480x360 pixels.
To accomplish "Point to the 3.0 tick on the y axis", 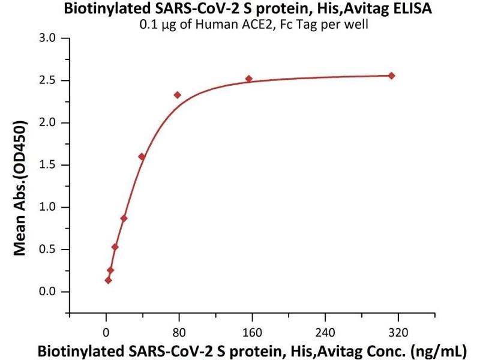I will (46, 38).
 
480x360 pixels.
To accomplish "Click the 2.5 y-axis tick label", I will (46, 80).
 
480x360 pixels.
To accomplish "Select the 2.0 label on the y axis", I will (46, 122).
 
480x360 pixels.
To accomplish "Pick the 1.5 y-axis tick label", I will (46, 165).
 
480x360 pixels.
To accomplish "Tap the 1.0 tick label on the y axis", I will (46, 207).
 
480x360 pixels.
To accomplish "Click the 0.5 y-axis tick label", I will (46, 250).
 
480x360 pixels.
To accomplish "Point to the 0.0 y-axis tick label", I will (46, 292).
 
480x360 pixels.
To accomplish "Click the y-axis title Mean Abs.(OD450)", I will (20, 189).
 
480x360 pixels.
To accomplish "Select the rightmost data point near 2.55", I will (392, 76).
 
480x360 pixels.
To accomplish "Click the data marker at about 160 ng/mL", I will (249, 79).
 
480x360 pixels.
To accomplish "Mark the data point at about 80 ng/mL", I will (178, 95).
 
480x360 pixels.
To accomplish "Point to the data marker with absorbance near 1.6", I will (142, 157).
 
